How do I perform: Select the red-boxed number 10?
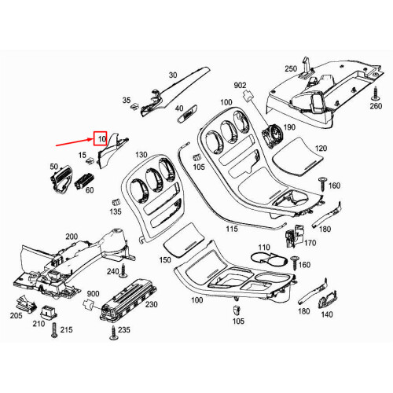coord(101,139)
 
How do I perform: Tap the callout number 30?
coord(173,75)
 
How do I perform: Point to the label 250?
coord(290,69)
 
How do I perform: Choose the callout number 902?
coord(240,84)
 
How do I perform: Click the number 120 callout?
coord(321,149)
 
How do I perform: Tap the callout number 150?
coord(164,259)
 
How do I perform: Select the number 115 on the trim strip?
coord(231,230)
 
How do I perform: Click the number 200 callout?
coord(71,236)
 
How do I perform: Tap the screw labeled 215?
coord(52,331)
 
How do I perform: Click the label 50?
coord(54,167)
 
